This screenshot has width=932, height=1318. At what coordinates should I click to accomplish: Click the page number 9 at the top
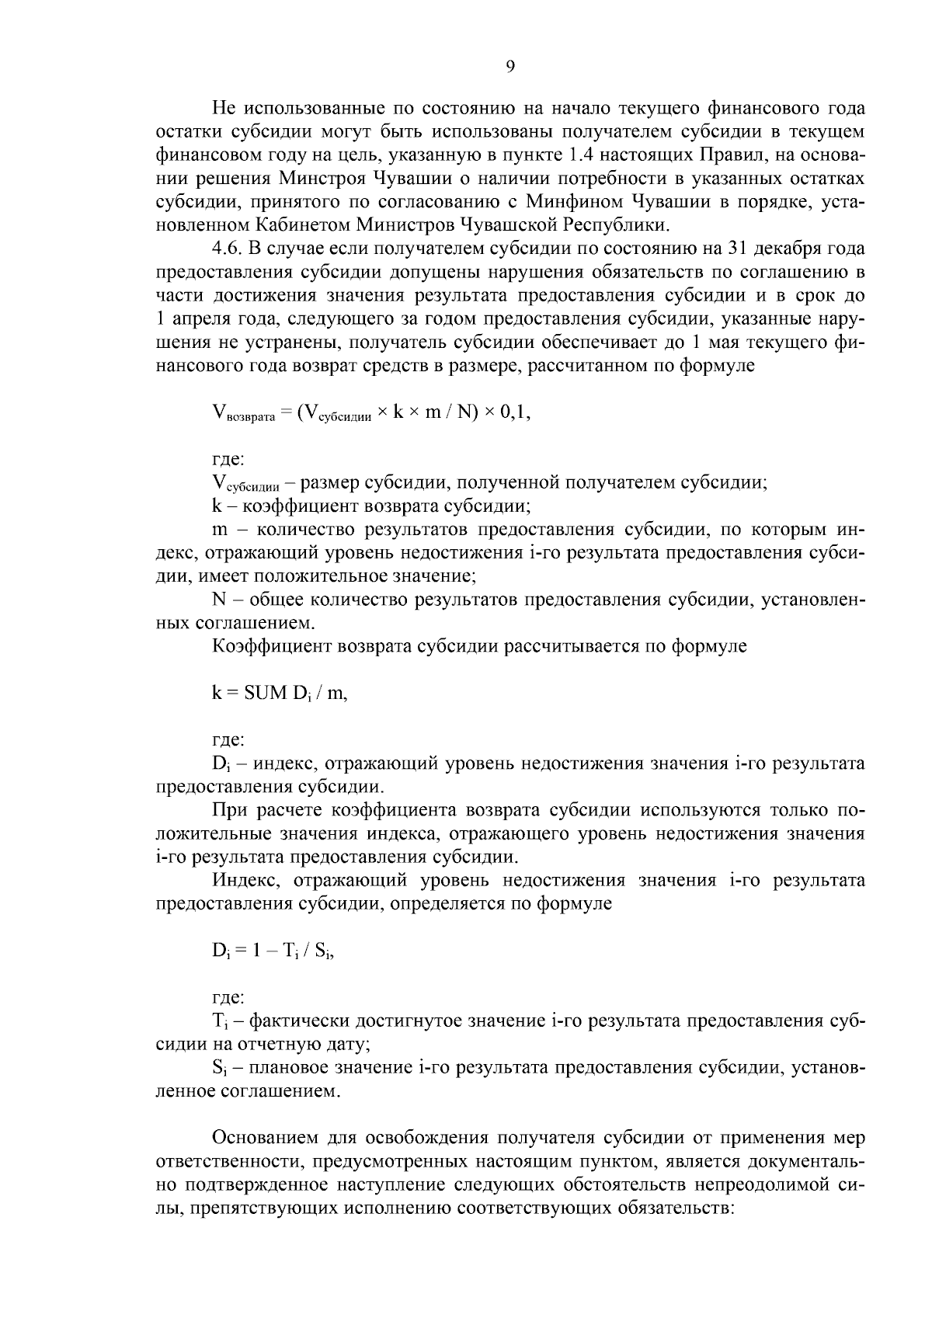click(x=509, y=67)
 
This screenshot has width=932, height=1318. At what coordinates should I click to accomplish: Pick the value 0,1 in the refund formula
click(x=515, y=413)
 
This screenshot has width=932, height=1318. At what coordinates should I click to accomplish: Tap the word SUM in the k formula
click(x=266, y=694)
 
